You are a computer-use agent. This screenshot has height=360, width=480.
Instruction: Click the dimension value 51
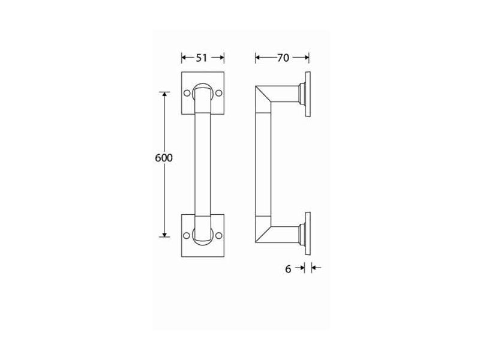(x=202, y=58)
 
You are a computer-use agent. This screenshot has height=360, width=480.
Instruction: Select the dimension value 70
(x=283, y=58)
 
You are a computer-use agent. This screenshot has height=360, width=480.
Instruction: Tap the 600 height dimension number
(x=164, y=158)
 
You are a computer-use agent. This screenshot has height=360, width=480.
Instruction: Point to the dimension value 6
(x=288, y=269)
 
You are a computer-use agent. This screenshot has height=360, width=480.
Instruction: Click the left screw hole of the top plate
(x=187, y=93)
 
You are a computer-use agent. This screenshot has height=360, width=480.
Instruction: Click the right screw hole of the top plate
(x=218, y=93)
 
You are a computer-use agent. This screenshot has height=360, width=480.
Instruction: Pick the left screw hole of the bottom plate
(x=187, y=235)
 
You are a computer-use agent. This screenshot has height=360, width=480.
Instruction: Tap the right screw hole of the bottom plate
(x=218, y=235)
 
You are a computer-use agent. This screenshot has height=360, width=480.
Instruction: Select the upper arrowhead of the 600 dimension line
(x=164, y=94)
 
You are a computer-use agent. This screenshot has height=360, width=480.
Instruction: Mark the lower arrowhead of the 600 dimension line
(x=164, y=234)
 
